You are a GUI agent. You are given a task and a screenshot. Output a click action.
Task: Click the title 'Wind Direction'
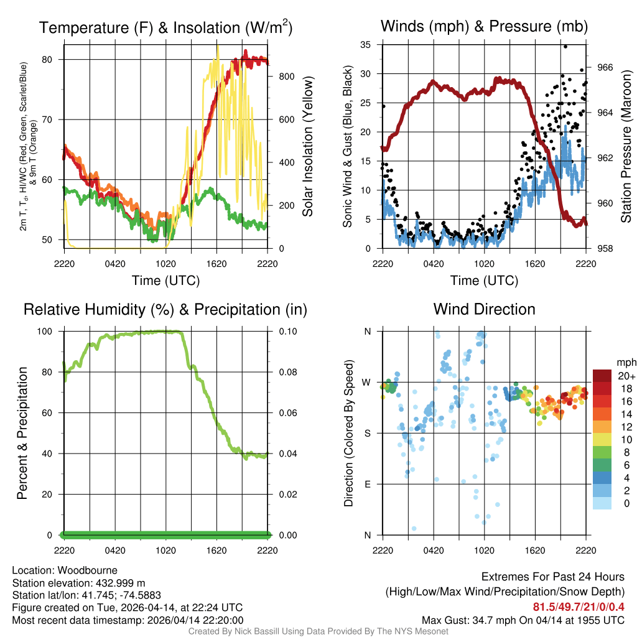[x=484, y=309]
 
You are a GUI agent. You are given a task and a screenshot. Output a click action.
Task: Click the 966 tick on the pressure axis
[x=606, y=67]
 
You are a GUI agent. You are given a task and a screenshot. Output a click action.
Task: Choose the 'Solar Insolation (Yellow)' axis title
[x=308, y=146]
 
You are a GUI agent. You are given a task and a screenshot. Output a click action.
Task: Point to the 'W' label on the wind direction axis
[x=367, y=382]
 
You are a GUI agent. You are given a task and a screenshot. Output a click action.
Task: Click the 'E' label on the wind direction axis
[x=367, y=484]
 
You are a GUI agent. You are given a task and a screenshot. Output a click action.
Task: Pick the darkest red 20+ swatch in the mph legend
[x=602, y=375]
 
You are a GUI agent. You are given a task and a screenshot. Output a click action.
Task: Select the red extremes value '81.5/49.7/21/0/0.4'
[x=579, y=607]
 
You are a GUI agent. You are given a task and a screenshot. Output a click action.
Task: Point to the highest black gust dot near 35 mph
[x=565, y=46]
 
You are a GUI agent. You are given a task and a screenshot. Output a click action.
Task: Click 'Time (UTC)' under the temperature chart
[x=166, y=281]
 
